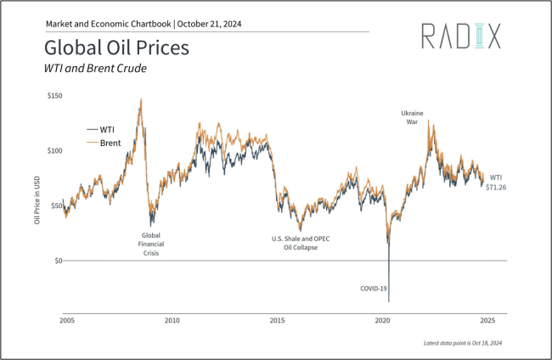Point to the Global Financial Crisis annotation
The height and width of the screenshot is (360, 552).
(x=151, y=244)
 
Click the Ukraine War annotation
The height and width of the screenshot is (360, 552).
(x=412, y=117)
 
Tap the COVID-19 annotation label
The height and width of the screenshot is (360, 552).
(x=375, y=289)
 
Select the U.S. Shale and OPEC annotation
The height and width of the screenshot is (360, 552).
(x=300, y=243)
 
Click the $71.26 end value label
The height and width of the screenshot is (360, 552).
(x=497, y=187)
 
